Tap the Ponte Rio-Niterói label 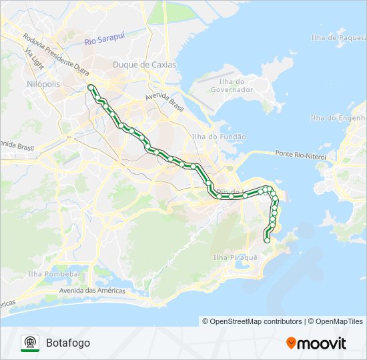pyautogui.click(x=300, y=155)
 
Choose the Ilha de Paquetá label pyautogui.click(x=338, y=37)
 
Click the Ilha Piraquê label pyautogui.click(x=235, y=257)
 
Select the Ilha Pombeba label pyautogui.click(x=53, y=274)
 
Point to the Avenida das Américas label pyautogui.click(x=92, y=291)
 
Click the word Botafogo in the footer pyautogui.click(x=68, y=343)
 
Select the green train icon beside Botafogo pyautogui.click(x=30, y=343)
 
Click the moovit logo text pyautogui.click(x=322, y=343)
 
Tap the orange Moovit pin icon pyautogui.click(x=291, y=343)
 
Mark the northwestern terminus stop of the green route pyautogui.click(x=90, y=87)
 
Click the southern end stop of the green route pyautogui.click(x=267, y=241)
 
